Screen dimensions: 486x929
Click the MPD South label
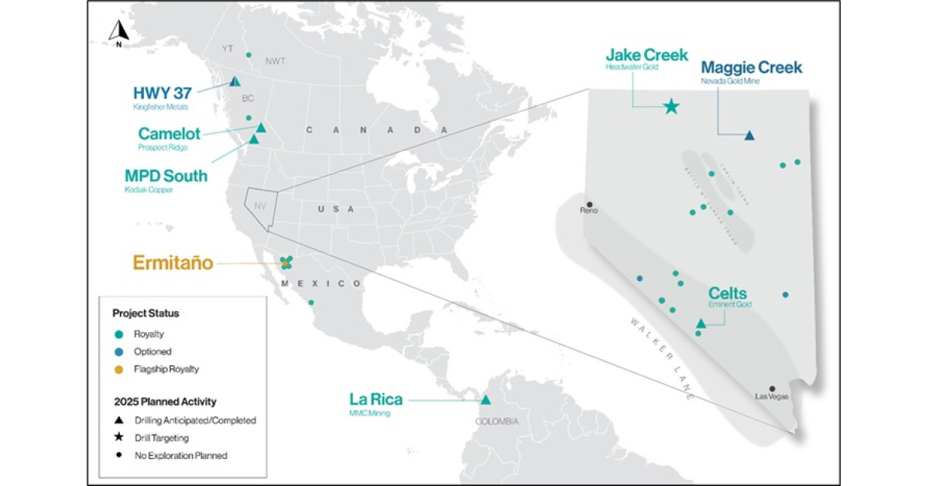click(166, 176)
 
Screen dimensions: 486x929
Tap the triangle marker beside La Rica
click(485, 400)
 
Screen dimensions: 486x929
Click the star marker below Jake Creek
click(671, 107)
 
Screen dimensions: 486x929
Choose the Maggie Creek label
click(751, 67)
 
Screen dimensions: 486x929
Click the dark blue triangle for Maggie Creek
click(749, 135)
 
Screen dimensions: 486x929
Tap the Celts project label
click(728, 293)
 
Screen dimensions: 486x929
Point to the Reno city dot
click(589, 204)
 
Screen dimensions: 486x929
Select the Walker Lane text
click(659, 357)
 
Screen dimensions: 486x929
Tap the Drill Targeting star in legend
click(118, 438)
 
